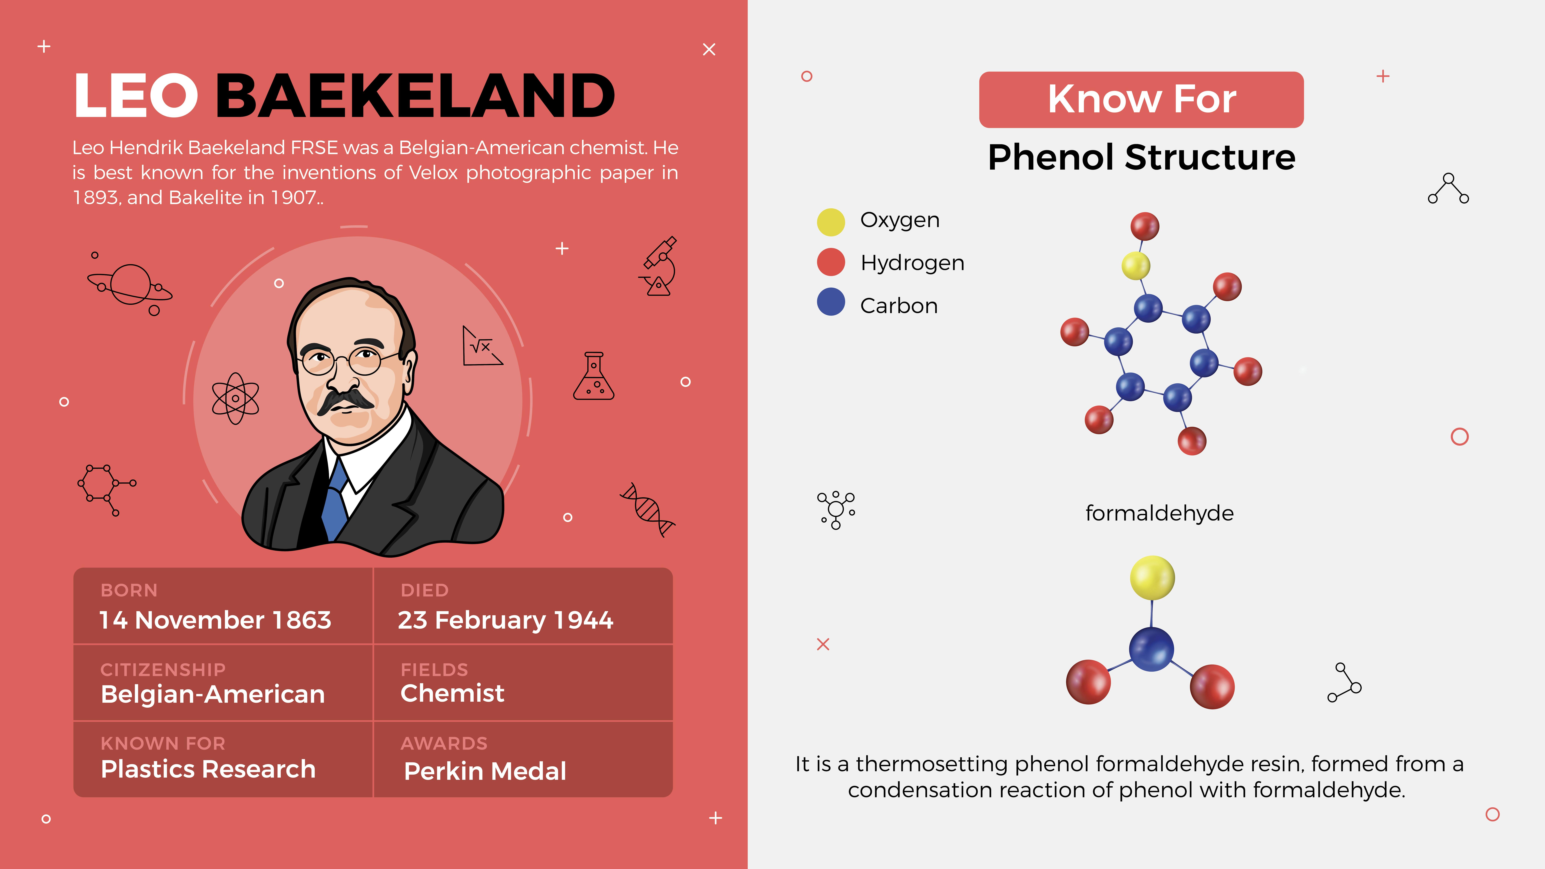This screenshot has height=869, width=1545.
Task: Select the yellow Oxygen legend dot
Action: point(831,222)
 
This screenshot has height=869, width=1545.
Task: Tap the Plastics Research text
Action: point(208,769)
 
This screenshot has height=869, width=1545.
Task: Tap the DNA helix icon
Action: point(648,509)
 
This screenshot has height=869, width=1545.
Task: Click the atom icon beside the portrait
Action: point(236,398)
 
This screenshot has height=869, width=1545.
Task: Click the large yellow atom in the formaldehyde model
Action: point(1152,577)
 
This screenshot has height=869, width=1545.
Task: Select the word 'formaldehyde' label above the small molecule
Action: point(1159,513)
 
